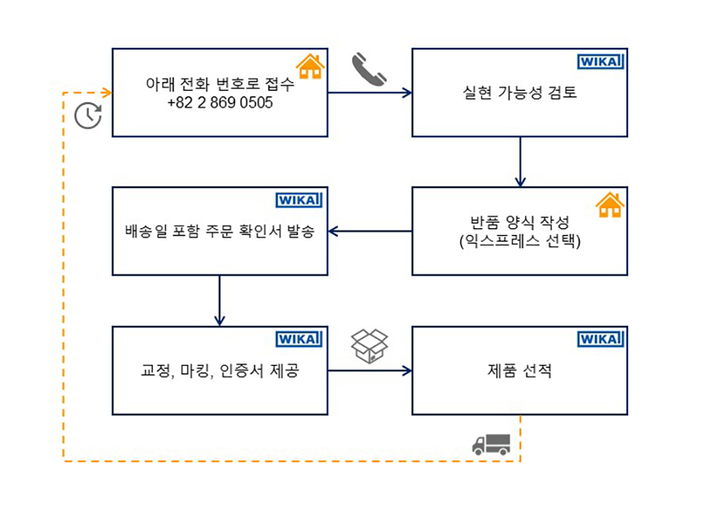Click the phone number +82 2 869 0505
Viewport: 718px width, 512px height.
[219, 102]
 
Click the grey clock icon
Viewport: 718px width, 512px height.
[88, 116]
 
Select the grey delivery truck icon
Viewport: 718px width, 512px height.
[491, 443]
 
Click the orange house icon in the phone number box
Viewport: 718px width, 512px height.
[310, 66]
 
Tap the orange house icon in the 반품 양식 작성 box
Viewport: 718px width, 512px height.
[609, 204]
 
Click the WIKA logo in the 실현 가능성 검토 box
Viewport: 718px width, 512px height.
[601, 62]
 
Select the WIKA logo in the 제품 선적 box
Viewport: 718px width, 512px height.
[601, 339]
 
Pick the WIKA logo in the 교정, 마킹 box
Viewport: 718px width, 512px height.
[300, 339]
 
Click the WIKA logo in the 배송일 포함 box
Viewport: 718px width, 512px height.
[300, 201]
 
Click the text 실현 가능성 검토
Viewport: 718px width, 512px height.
[520, 93]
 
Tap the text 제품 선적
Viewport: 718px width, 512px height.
[520, 371]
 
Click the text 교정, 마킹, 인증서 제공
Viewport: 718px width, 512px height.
[219, 371]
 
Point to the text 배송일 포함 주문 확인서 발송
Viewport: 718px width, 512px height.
[219, 231]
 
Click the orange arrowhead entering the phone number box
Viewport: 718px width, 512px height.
[107, 93]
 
